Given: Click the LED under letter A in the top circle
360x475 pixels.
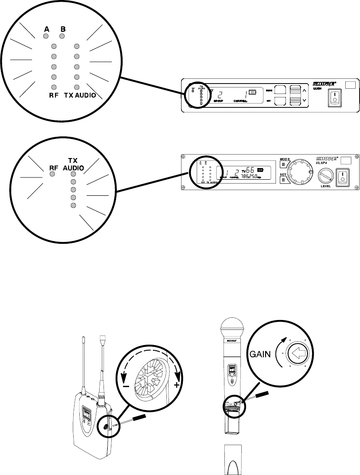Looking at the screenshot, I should pyautogui.click(x=46, y=36).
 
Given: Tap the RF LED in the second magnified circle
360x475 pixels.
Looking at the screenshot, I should pyautogui.click(x=52, y=174).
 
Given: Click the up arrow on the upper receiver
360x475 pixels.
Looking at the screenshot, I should pyautogui.click(x=305, y=90).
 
